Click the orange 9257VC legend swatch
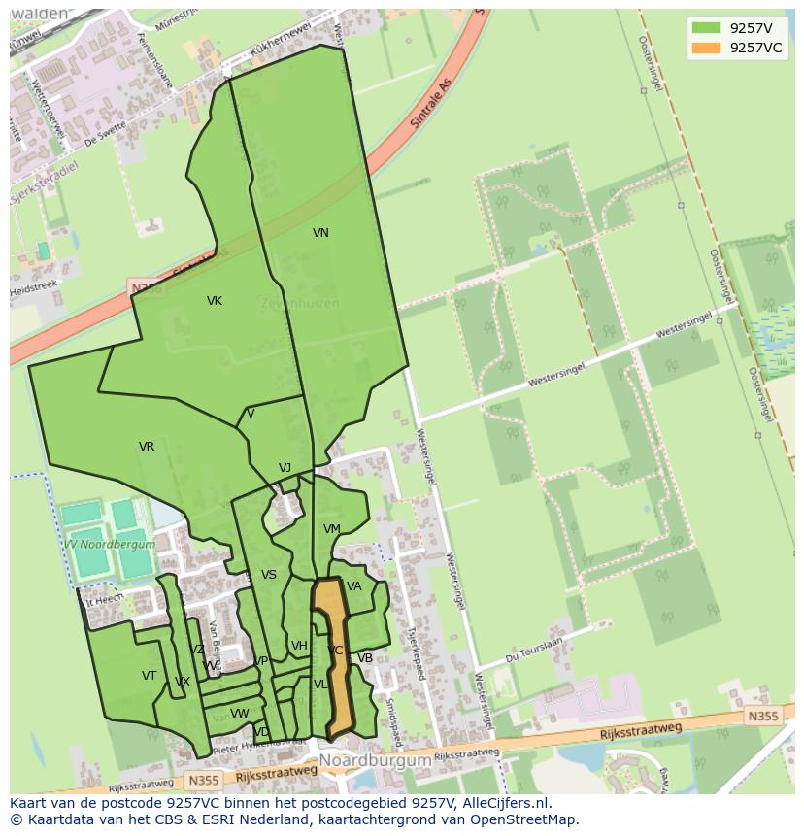tap(707, 48)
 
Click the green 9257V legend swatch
tap(707, 28)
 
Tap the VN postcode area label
tap(320, 233)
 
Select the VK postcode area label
tap(215, 301)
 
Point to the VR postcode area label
tap(147, 447)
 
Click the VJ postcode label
tap(285, 468)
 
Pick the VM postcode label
tap(332, 529)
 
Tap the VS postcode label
tap(269, 575)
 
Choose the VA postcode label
tap(354, 586)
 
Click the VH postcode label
tap(299, 646)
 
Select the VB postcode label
tap(365, 658)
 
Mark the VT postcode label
tap(149, 676)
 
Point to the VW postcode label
tap(240, 714)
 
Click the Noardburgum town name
tap(375, 761)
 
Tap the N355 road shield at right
tap(762, 716)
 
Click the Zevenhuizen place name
tap(299, 303)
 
